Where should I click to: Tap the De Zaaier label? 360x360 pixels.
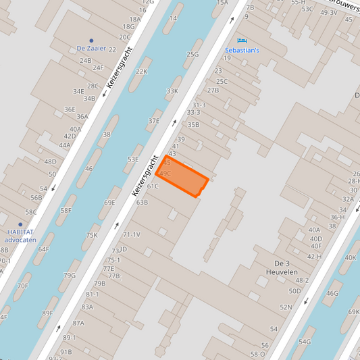pyautogui.click(x=92, y=49)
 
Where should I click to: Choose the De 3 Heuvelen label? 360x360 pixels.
pyautogui.click(x=286, y=267)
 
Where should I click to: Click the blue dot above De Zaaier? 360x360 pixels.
pyautogui.click(x=91, y=41)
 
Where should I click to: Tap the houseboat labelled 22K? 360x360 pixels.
pyautogui.click(x=141, y=72)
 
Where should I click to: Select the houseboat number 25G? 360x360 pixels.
pyautogui.click(x=192, y=54)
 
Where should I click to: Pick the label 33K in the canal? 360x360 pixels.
pyautogui.click(x=172, y=91)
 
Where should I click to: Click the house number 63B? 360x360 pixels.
pyautogui.click(x=142, y=202)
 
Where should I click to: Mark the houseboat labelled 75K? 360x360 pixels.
pyautogui.click(x=92, y=235)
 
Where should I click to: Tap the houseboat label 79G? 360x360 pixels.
pyautogui.click(x=70, y=275)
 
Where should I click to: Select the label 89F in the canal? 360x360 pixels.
pyautogui.click(x=47, y=313)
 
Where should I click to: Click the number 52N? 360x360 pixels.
pyautogui.click(x=286, y=307)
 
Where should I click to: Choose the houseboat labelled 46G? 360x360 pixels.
pyautogui.click(x=332, y=293)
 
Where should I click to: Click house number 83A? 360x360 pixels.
pyautogui.click(x=87, y=307)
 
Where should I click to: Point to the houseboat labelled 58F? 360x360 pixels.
pyautogui.click(x=66, y=210)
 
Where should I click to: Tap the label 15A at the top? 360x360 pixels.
pyautogui.click(x=222, y=3)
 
